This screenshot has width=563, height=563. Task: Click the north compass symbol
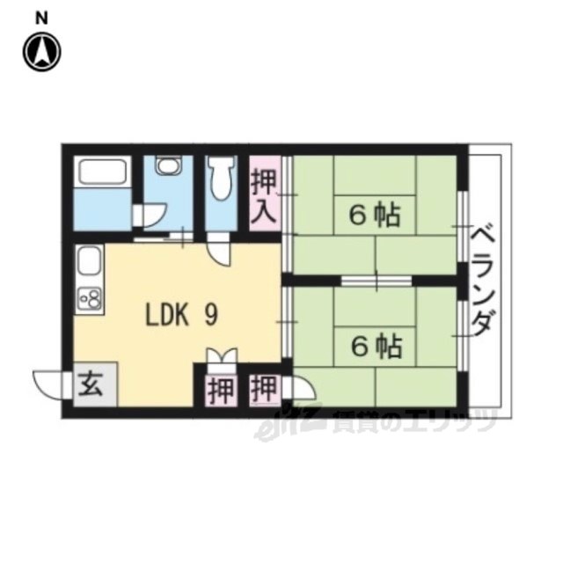[42, 52]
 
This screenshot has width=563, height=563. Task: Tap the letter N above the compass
[41, 18]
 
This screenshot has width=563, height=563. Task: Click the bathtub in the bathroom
[102, 172]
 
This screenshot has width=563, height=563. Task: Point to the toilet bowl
[221, 178]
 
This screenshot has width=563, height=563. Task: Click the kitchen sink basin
[89, 260]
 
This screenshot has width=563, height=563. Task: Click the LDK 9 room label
[182, 315]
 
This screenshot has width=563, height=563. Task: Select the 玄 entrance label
[91, 384]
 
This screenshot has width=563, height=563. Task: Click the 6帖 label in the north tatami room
[375, 216]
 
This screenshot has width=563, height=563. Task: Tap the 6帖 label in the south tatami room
[376, 347]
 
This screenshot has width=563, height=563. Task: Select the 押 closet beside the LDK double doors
[221, 390]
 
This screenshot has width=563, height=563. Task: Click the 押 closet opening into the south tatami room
[264, 389]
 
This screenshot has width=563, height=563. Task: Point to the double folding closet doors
[222, 357]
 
